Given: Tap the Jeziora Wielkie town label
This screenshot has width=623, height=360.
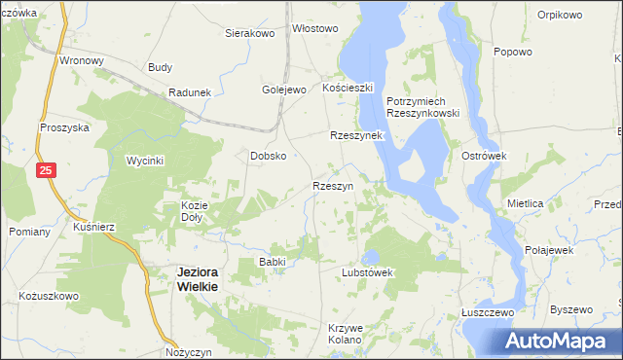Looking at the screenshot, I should (x=198, y=279).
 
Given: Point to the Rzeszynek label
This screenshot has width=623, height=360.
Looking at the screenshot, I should (x=357, y=136).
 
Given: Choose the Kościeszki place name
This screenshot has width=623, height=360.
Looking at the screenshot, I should (x=348, y=88).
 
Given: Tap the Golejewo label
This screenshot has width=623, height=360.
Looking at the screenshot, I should (x=283, y=90).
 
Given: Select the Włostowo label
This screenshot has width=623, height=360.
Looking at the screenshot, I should (x=315, y=29).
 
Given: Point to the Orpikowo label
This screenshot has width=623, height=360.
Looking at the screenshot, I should (x=560, y=16).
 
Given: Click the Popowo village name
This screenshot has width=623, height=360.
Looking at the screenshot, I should (x=513, y=53).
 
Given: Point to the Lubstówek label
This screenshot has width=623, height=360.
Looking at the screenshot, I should (x=367, y=272).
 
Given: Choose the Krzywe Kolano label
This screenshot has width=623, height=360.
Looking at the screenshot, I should (x=346, y=334).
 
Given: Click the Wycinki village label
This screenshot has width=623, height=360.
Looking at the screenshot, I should (x=145, y=160).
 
